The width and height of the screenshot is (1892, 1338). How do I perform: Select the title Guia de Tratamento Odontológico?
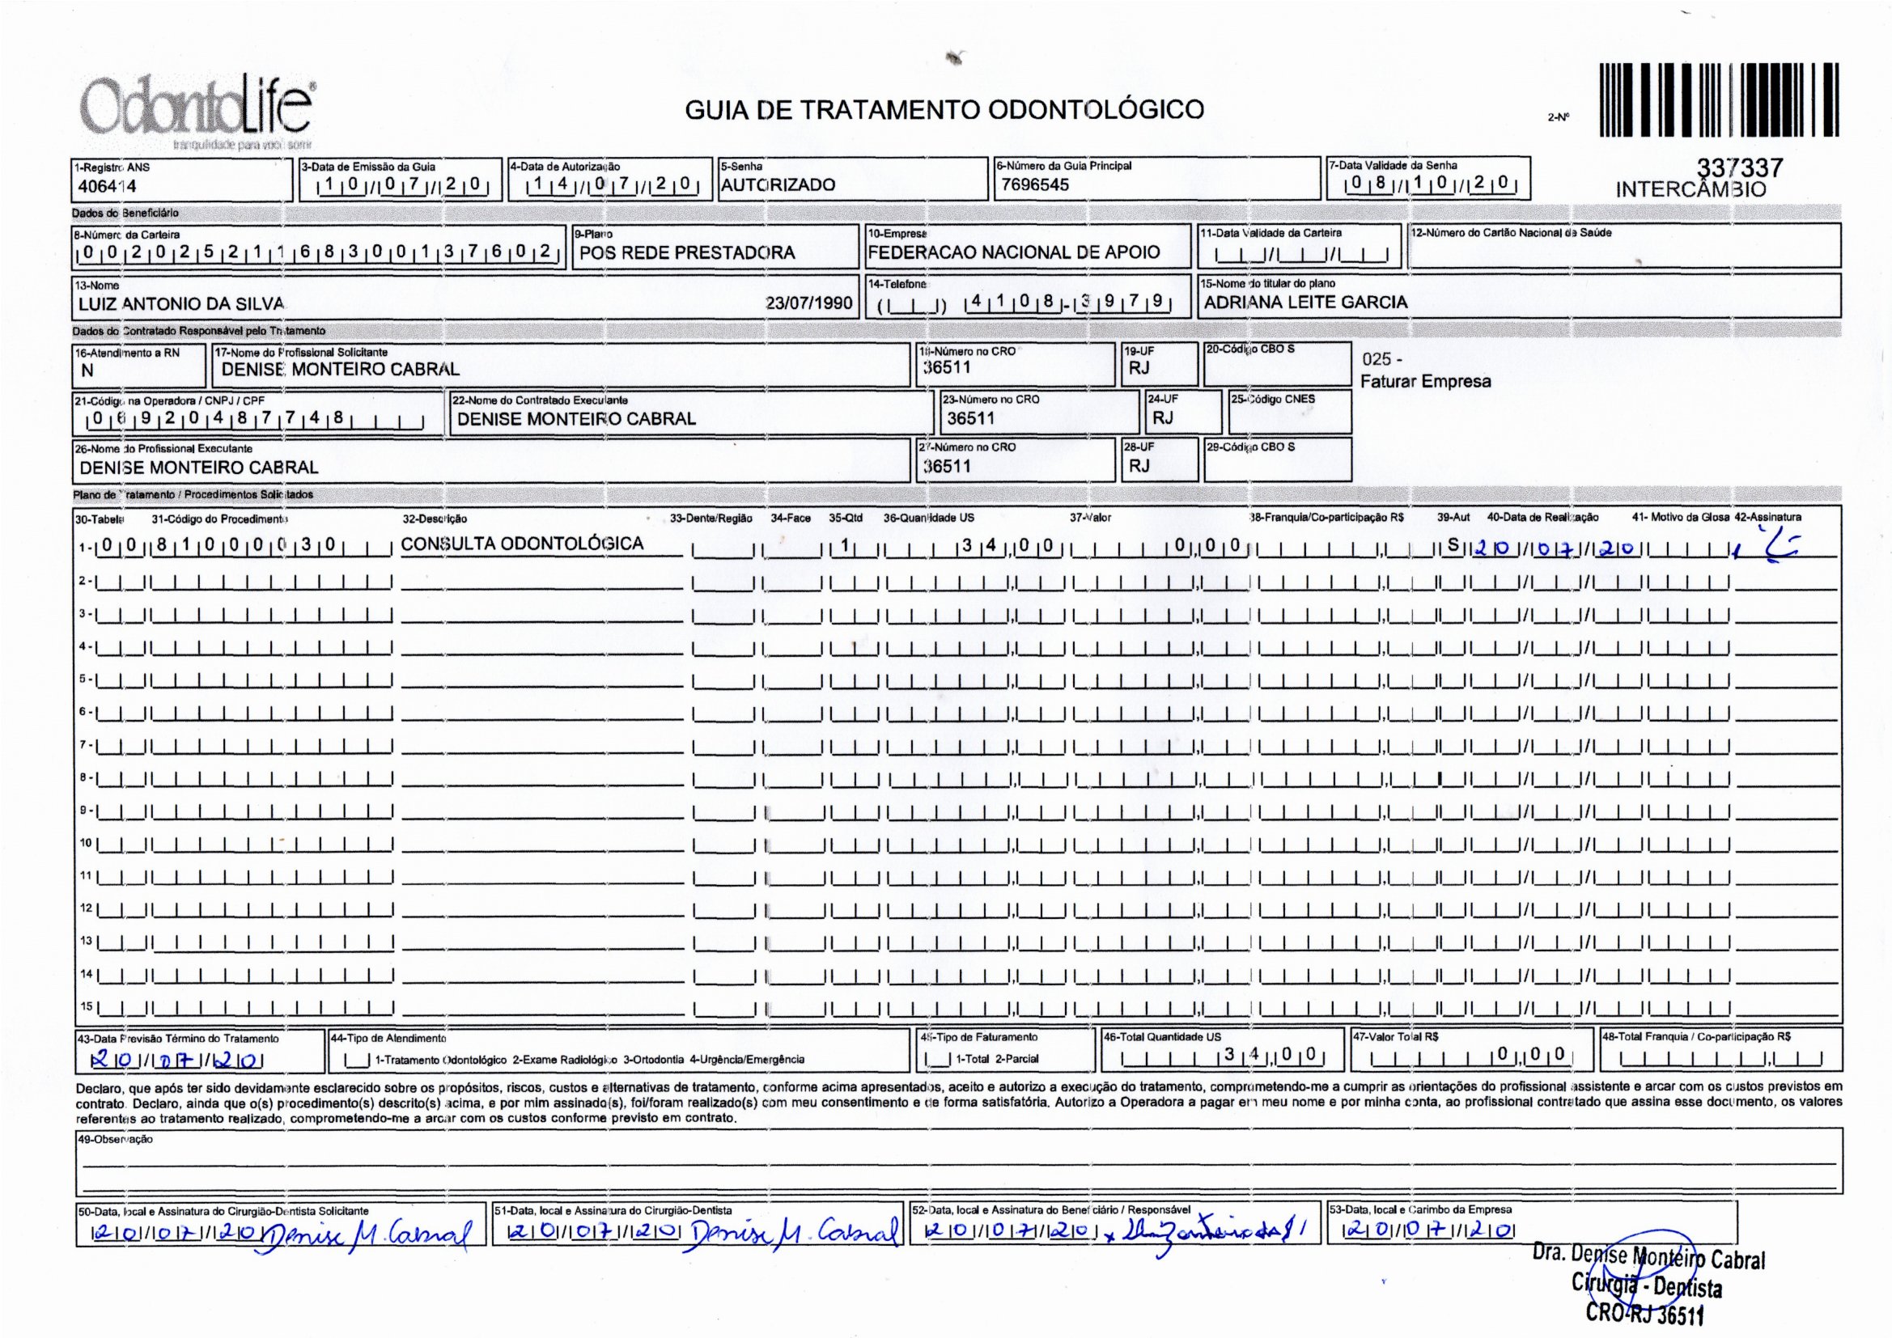[x=944, y=109]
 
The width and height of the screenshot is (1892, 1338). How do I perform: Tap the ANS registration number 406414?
[x=106, y=186]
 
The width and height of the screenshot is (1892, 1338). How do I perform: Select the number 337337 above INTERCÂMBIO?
[x=1740, y=168]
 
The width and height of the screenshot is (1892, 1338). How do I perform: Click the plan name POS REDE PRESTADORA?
[x=686, y=253]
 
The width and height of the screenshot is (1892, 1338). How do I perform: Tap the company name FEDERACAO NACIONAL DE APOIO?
[x=1013, y=253]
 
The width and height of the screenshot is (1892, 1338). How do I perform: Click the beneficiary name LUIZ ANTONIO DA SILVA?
[x=181, y=304]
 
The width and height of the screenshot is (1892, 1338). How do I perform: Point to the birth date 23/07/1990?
[x=808, y=304]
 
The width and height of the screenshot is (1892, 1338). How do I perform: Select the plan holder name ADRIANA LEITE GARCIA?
[x=1305, y=303]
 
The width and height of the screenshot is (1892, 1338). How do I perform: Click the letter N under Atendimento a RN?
[x=87, y=370]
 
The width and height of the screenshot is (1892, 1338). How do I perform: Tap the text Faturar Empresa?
[x=1425, y=382]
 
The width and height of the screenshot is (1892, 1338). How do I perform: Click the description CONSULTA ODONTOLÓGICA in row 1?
[x=522, y=544]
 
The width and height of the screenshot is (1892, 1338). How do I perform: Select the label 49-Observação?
[x=115, y=1140]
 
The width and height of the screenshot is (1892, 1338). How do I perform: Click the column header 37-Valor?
[x=1089, y=519]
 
